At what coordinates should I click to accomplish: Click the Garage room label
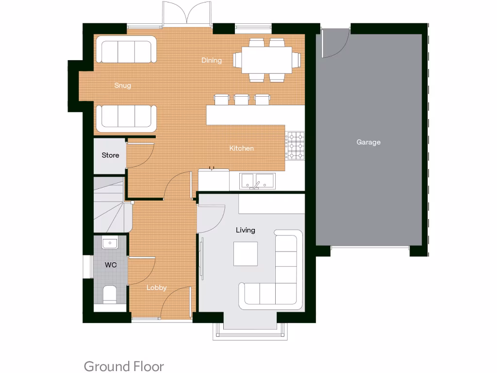pos(368,142)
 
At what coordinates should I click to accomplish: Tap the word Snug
pos(123,85)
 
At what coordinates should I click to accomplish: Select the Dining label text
pos(212,60)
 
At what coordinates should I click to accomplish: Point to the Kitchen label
pos(241,148)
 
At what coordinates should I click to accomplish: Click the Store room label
pos(110,155)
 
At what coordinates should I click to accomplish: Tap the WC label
pos(111,265)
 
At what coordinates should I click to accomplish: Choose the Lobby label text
pos(156,288)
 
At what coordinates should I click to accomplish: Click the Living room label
pos(245,230)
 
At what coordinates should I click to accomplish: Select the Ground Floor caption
pos(124,366)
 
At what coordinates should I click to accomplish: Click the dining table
pos(264,59)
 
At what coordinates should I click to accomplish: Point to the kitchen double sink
pos(258,182)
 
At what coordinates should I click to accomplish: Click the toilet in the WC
pos(110,294)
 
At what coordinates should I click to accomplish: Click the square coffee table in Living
pos(246,254)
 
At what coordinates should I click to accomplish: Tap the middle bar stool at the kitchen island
pos(241,100)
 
